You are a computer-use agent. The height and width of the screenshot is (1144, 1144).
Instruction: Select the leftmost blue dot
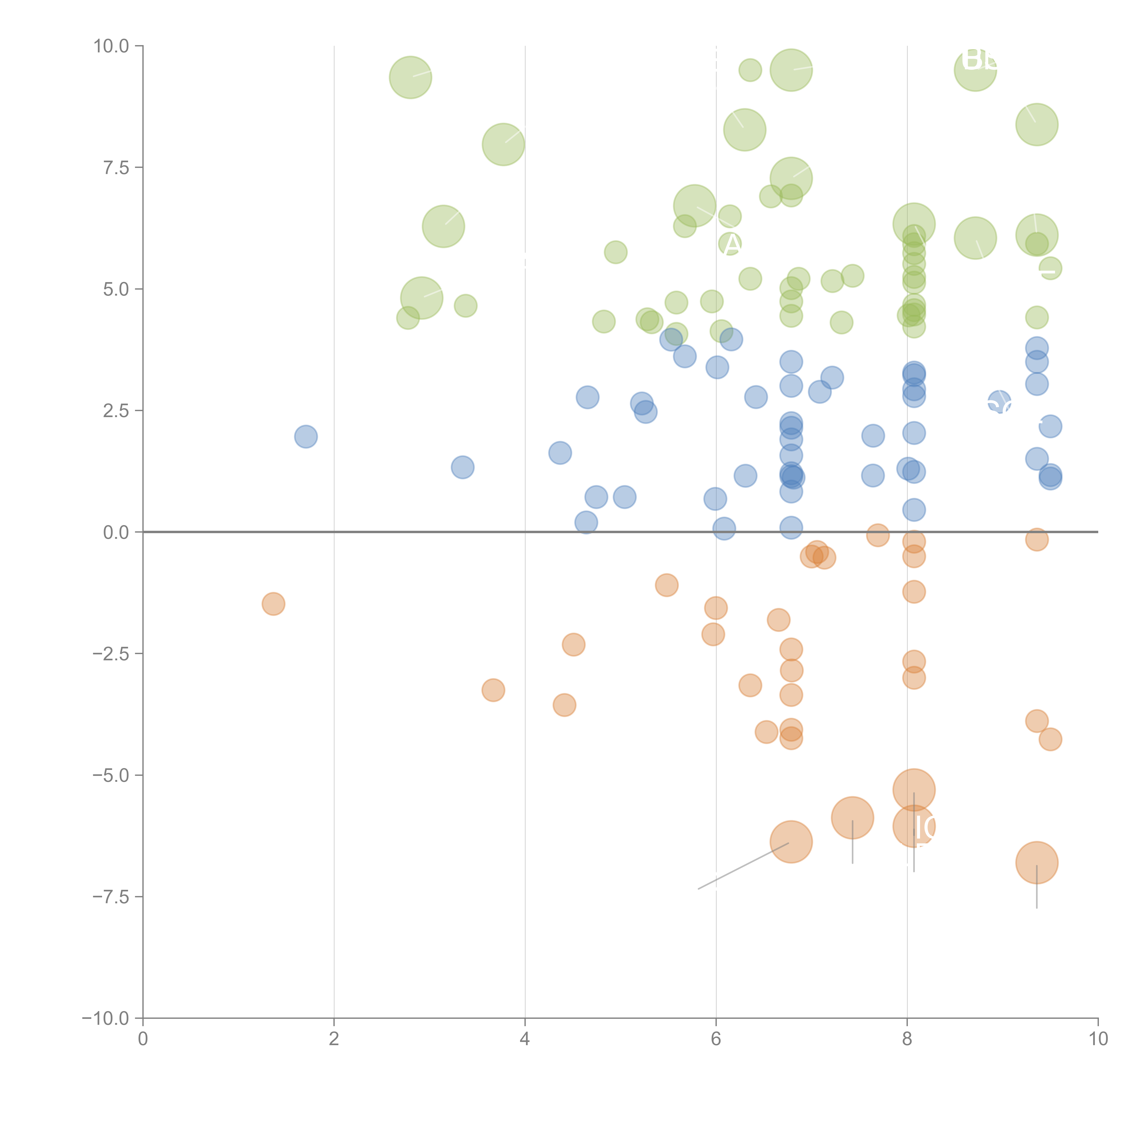(x=305, y=436)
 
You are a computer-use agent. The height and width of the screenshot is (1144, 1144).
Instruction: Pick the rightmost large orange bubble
(x=1036, y=863)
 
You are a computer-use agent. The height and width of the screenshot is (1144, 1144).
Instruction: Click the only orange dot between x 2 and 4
(x=493, y=690)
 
